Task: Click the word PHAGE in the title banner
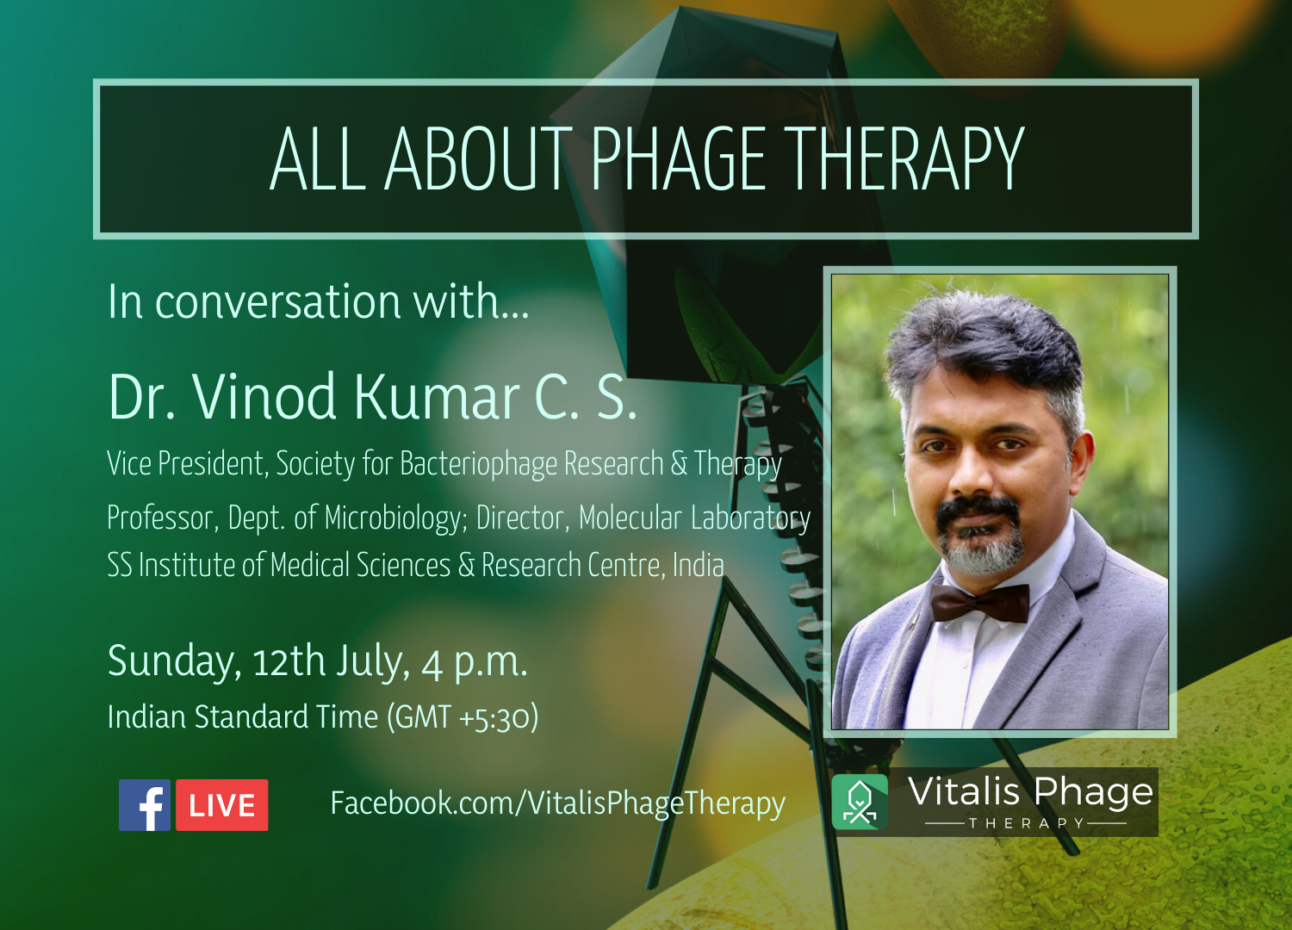[678, 159]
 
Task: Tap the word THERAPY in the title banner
[904, 159]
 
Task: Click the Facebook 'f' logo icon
[145, 805]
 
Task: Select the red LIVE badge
[222, 805]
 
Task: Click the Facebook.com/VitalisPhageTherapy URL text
[558, 804]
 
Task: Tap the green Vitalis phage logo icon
[860, 802]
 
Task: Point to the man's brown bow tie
[980, 603]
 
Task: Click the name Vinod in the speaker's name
[264, 397]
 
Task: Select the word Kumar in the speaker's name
[436, 397]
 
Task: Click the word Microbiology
[395, 518]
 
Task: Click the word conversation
[277, 302]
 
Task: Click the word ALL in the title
[318, 159]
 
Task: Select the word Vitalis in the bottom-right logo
[964, 791]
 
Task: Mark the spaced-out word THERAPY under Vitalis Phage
[1027, 823]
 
